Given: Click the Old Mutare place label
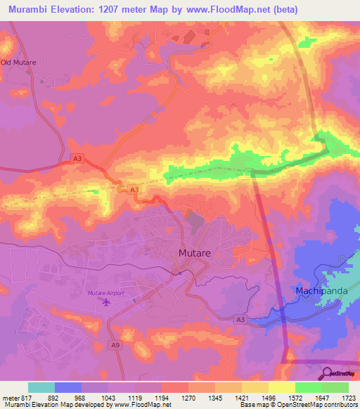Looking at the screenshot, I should click(x=18, y=63).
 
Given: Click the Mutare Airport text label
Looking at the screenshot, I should click(x=105, y=292).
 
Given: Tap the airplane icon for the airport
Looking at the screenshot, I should click(x=106, y=302).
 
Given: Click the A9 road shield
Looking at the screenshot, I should click(x=115, y=344).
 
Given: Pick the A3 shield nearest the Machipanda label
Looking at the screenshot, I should click(x=240, y=320).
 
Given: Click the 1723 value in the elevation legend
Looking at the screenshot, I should click(x=349, y=398).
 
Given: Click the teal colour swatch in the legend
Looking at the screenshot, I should click(x=41, y=387).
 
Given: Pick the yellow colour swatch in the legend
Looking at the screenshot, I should click(x=282, y=387).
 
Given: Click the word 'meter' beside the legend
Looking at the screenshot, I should click(x=8, y=398).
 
